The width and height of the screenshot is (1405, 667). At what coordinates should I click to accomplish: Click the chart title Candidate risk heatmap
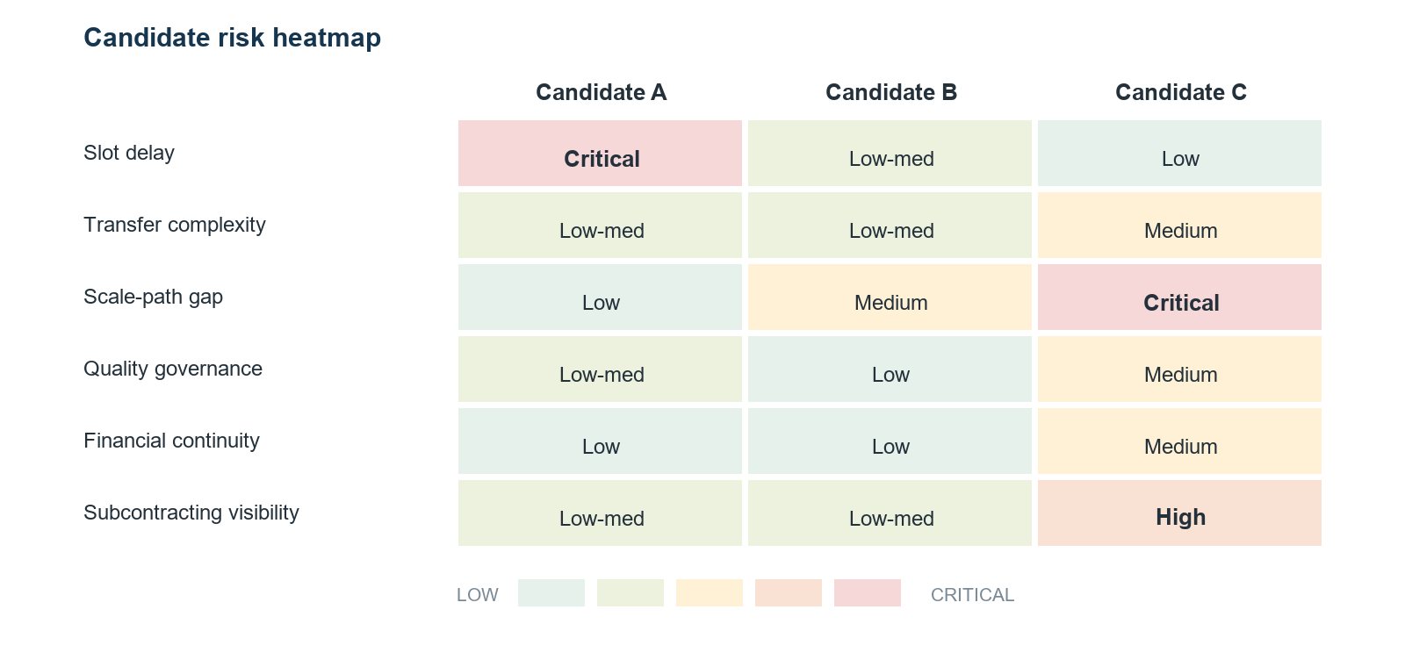click(x=232, y=38)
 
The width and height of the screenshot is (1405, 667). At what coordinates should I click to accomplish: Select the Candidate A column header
click(x=601, y=92)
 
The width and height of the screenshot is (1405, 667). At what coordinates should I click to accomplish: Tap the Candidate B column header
click(x=890, y=92)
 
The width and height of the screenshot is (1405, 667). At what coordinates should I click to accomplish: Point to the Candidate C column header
click(x=1180, y=92)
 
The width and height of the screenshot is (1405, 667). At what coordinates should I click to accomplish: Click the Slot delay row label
click(x=128, y=153)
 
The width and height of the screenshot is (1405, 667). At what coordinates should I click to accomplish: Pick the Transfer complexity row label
click(x=175, y=225)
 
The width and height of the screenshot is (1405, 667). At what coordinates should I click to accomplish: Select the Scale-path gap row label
click(x=153, y=298)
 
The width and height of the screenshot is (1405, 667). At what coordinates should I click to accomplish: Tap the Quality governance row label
click(x=172, y=369)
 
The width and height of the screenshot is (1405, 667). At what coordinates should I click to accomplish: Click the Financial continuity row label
click(x=171, y=441)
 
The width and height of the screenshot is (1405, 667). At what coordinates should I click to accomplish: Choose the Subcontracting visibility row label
click(x=191, y=513)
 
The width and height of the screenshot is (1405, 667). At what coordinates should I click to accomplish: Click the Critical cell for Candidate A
click(x=600, y=153)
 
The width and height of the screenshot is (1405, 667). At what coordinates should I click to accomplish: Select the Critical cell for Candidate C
click(x=1179, y=298)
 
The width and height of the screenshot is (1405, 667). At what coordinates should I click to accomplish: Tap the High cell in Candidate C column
click(x=1179, y=513)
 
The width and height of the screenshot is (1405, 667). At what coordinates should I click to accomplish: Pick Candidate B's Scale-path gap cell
click(x=890, y=298)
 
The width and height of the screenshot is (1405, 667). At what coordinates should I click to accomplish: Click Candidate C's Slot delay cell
click(x=1179, y=153)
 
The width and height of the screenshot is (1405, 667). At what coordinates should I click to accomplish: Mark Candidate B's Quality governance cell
click(x=890, y=369)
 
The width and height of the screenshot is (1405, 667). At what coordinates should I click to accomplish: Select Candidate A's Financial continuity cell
click(x=600, y=441)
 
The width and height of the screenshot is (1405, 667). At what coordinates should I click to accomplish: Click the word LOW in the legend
click(x=478, y=595)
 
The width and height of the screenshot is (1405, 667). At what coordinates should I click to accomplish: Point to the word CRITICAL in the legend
click(x=972, y=595)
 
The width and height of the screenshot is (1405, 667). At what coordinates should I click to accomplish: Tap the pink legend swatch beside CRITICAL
click(x=868, y=593)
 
